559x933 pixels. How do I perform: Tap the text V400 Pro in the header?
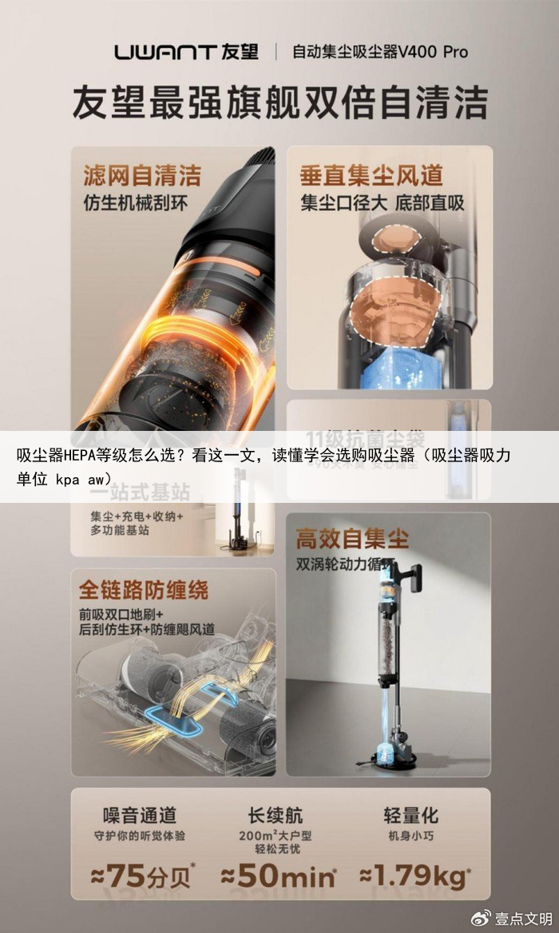pyautogui.click(x=434, y=53)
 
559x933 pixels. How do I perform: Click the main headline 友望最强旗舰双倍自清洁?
pyautogui.click(x=279, y=103)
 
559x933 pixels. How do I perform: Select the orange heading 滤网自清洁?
pyautogui.click(x=142, y=175)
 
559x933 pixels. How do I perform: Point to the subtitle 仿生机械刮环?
pyautogui.click(x=135, y=203)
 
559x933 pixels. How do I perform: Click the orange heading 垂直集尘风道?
pyautogui.click(x=371, y=175)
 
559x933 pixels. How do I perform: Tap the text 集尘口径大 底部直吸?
pyautogui.click(x=382, y=203)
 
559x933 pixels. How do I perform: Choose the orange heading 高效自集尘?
pyautogui.click(x=352, y=538)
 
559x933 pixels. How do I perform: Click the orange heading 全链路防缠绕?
pyautogui.click(x=143, y=590)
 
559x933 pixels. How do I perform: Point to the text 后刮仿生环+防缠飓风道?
pyautogui.click(x=146, y=629)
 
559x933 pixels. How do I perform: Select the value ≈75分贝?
pyautogui.click(x=142, y=875)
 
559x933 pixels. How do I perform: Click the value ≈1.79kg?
pyautogui.click(x=413, y=875)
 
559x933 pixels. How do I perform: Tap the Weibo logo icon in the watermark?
pyautogui.click(x=482, y=916)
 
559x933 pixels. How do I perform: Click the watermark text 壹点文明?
pyautogui.click(x=523, y=917)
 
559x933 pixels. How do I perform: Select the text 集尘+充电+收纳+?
pyautogui.click(x=137, y=516)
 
